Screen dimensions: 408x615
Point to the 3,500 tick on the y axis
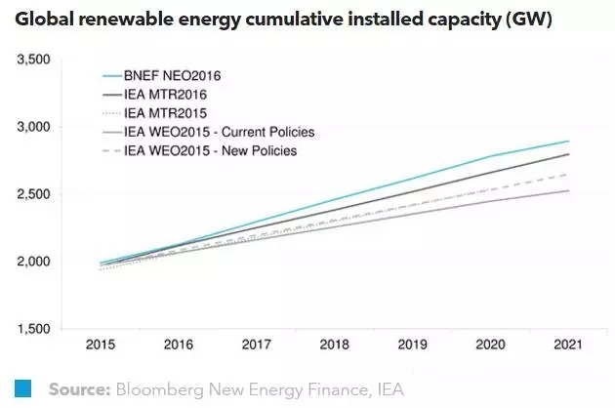(31, 61)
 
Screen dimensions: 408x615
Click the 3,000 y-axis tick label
(31, 128)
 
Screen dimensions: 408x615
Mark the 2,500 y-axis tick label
(31, 195)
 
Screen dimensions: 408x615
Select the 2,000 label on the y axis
(31, 263)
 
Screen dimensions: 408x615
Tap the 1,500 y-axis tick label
(31, 329)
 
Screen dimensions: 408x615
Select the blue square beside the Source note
(24, 388)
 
